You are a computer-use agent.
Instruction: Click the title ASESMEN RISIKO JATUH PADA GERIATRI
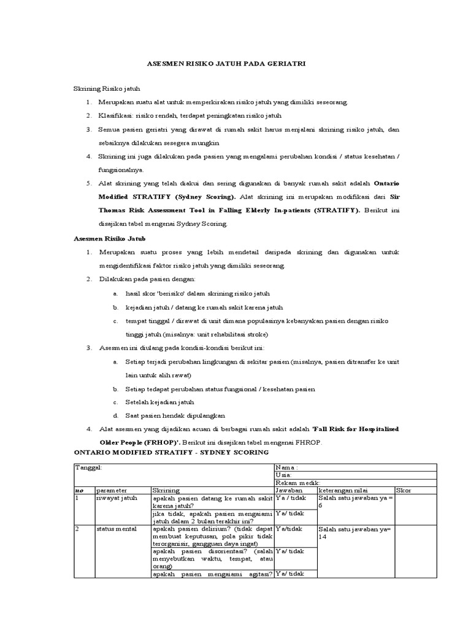(x=236, y=63)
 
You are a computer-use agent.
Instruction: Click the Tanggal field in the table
(x=88, y=467)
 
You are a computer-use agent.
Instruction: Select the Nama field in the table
(x=286, y=467)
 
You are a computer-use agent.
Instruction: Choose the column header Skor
(x=404, y=491)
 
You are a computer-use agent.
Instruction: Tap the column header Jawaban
(x=288, y=491)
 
